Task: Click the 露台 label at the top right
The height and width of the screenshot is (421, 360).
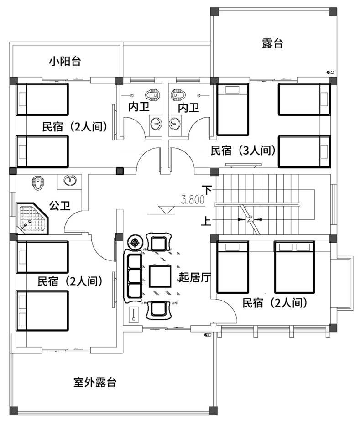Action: coord(272,43)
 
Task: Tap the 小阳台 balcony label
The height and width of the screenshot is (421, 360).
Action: coord(65,62)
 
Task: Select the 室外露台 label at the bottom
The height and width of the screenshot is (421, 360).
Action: coord(95,382)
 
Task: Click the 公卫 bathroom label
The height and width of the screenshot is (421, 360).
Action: coord(60,206)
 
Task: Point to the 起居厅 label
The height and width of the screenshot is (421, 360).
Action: coord(195,277)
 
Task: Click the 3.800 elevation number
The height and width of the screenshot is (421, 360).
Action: coord(193,200)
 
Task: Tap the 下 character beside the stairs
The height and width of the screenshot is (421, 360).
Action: coord(208,190)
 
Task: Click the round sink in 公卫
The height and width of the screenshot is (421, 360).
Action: coord(70,180)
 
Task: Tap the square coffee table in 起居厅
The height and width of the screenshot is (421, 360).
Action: coord(160,276)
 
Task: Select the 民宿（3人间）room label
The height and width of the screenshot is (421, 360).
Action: coord(243,151)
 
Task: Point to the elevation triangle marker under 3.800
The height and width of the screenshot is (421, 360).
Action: coord(166,210)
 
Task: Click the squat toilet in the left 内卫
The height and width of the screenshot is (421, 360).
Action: coord(152,95)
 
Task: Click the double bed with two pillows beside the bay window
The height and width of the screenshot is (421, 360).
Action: coord(294,267)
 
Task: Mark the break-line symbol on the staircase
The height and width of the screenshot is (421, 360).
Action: coord(250,219)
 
